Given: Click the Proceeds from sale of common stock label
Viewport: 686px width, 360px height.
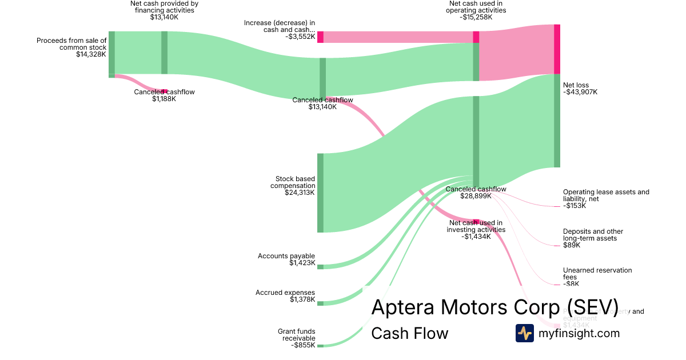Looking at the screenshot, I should point(71,44).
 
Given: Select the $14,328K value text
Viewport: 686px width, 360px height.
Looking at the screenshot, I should point(91,54).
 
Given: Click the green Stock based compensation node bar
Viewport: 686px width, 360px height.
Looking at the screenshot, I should point(320,193).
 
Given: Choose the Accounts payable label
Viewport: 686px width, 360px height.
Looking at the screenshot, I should point(286,256).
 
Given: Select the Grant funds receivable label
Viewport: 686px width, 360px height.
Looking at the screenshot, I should point(296,335).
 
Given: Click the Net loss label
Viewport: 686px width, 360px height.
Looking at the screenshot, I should point(576,85).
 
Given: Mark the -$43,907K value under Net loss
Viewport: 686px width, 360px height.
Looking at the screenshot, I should point(580,92).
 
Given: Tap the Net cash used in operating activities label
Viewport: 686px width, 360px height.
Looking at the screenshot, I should point(476,7).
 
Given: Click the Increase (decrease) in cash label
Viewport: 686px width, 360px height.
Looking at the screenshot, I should point(280,26).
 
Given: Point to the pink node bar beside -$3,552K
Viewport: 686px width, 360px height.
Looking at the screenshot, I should point(321,37).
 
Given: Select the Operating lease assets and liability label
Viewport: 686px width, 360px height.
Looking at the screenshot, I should point(606,195).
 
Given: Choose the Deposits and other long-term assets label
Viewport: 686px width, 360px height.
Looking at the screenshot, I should point(593,235).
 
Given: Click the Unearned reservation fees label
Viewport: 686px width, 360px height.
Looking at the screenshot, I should point(597,274).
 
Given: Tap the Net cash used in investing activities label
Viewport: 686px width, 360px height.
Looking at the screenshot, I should point(476,226).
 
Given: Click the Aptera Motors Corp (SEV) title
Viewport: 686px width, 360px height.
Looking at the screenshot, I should point(494,307).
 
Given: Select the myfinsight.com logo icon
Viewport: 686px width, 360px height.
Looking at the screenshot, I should point(524,333).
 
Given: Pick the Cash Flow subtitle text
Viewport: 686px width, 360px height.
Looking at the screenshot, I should point(409,333).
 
